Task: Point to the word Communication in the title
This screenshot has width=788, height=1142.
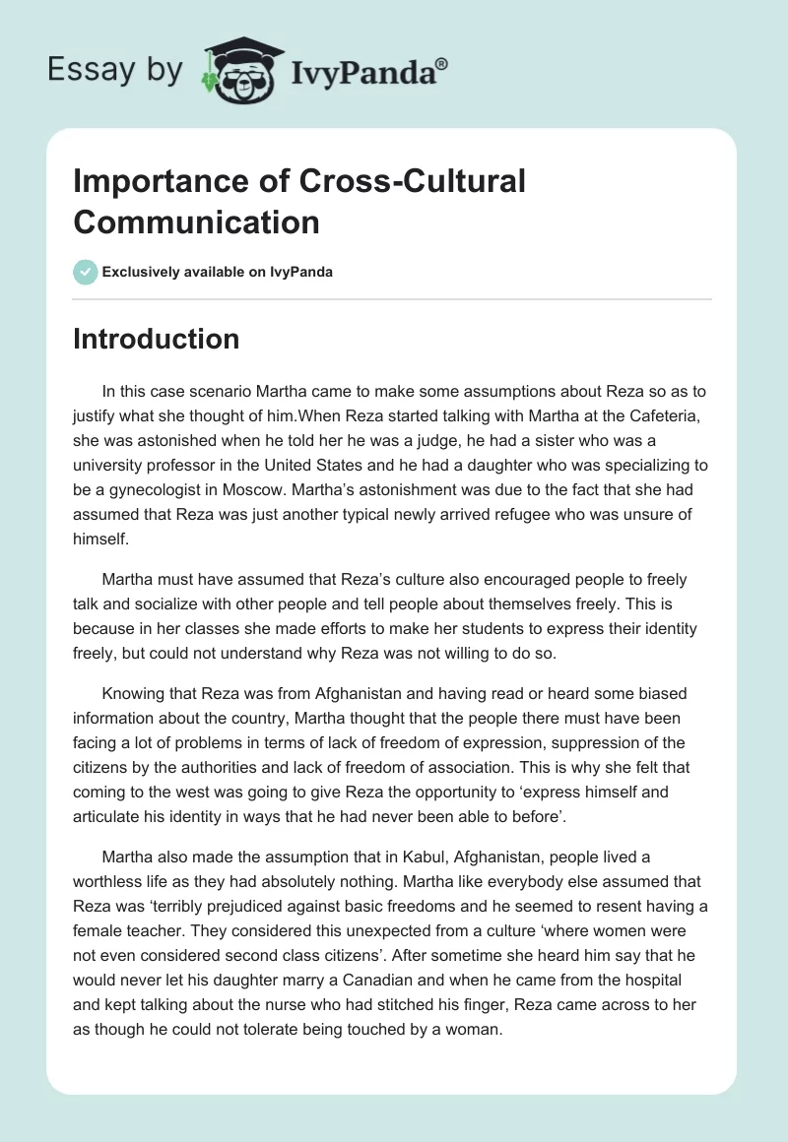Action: pos(196,222)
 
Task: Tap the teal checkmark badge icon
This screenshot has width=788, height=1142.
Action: pos(86,272)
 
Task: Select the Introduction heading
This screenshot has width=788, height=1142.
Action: pos(156,339)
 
